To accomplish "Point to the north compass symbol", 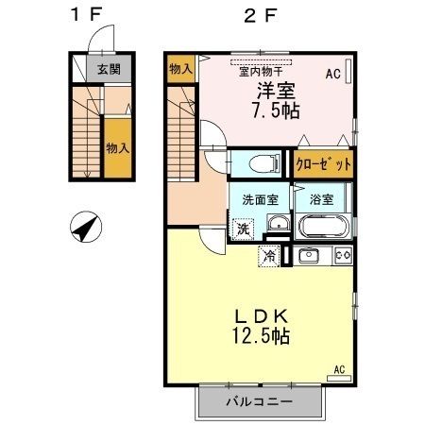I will [86, 226].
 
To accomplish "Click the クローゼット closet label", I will [323, 164].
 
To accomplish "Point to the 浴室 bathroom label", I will [320, 199].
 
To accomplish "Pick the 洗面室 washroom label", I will [259, 199].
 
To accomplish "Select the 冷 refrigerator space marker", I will [270, 255].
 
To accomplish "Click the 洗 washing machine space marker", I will [244, 228].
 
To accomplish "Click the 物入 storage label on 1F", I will [117, 148].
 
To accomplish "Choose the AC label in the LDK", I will [340, 368].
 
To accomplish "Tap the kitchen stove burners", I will [342, 255].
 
